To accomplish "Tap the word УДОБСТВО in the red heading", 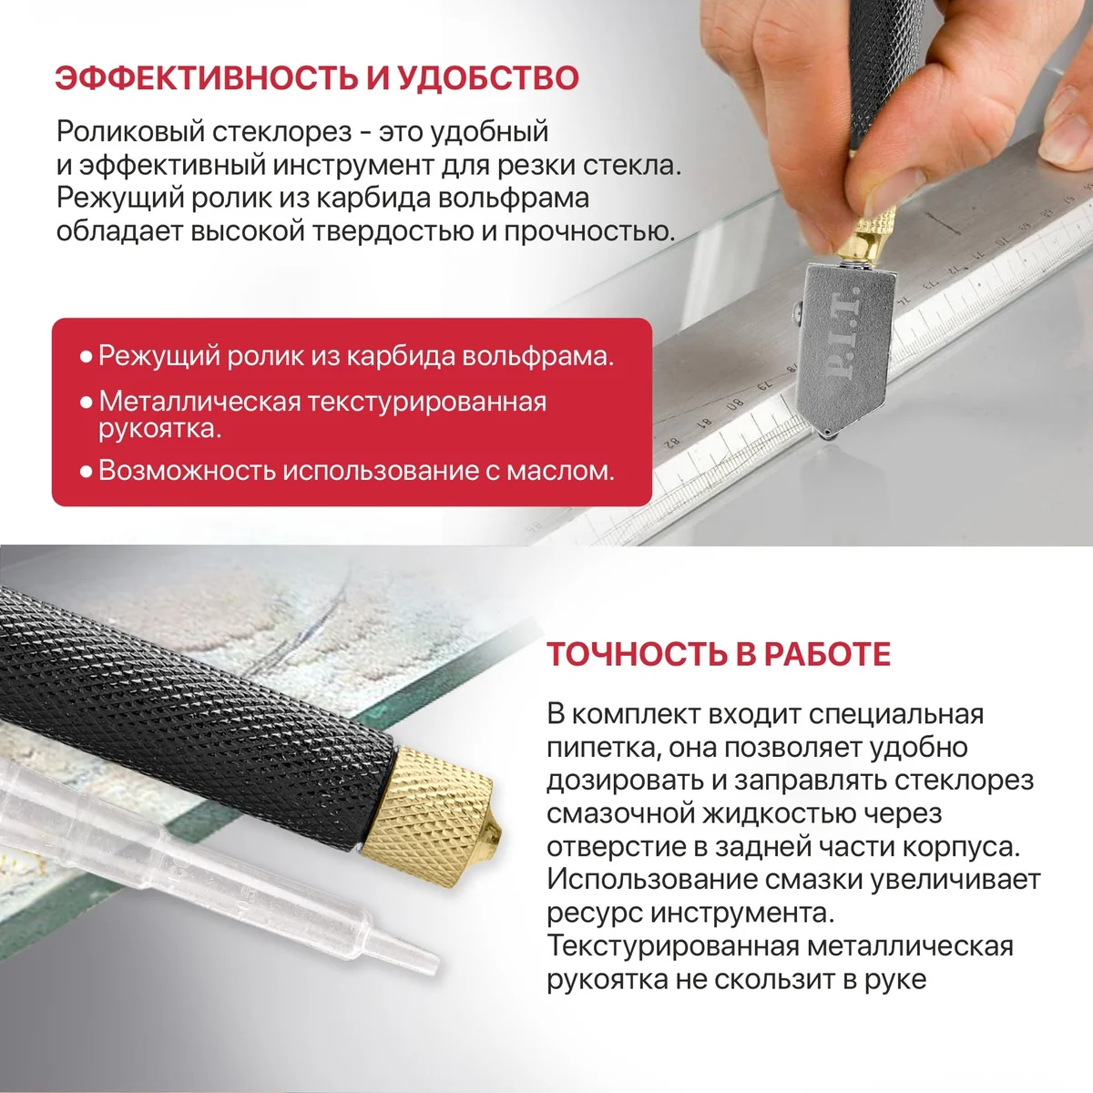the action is point(488,78).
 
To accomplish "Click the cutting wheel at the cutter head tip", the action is point(827,433).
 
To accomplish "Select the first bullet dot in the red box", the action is point(87,357).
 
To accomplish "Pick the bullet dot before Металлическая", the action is point(87,403).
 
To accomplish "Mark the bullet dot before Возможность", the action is point(87,471).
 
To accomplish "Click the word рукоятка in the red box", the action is point(160,429).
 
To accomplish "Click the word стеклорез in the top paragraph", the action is point(281,132).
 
